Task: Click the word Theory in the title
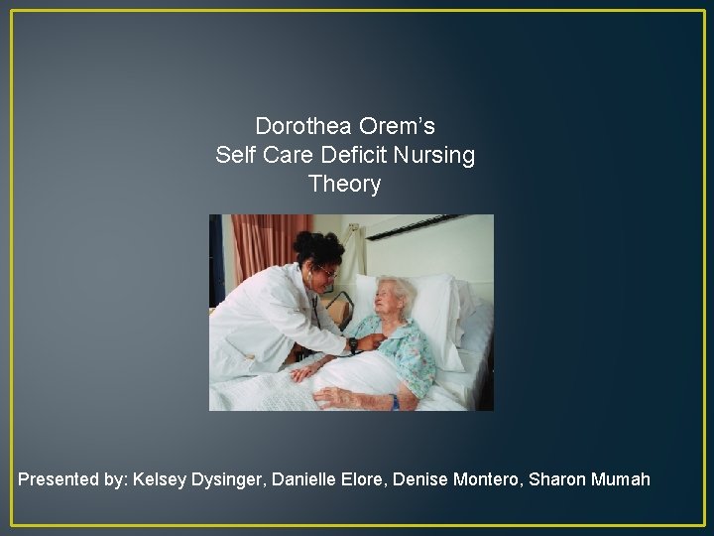click(344, 185)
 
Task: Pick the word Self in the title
click(234, 156)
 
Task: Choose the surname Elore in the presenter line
click(363, 479)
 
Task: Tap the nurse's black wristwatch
click(352, 344)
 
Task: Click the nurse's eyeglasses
click(326, 270)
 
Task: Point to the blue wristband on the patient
click(395, 401)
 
